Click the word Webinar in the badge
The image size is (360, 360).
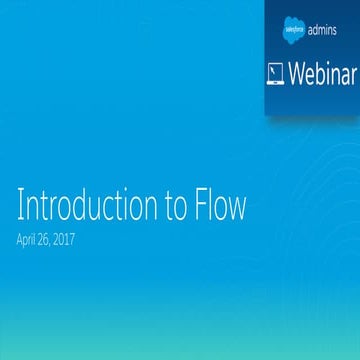tap(322, 73)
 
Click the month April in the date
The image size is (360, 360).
tap(31, 240)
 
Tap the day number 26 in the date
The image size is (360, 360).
tap(55, 240)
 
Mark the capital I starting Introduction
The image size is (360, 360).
tap(20, 207)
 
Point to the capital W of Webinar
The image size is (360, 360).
tap(296, 73)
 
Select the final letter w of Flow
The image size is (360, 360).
tap(238, 209)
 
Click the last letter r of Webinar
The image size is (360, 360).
tap(351, 75)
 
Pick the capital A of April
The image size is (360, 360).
tap(20, 240)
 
